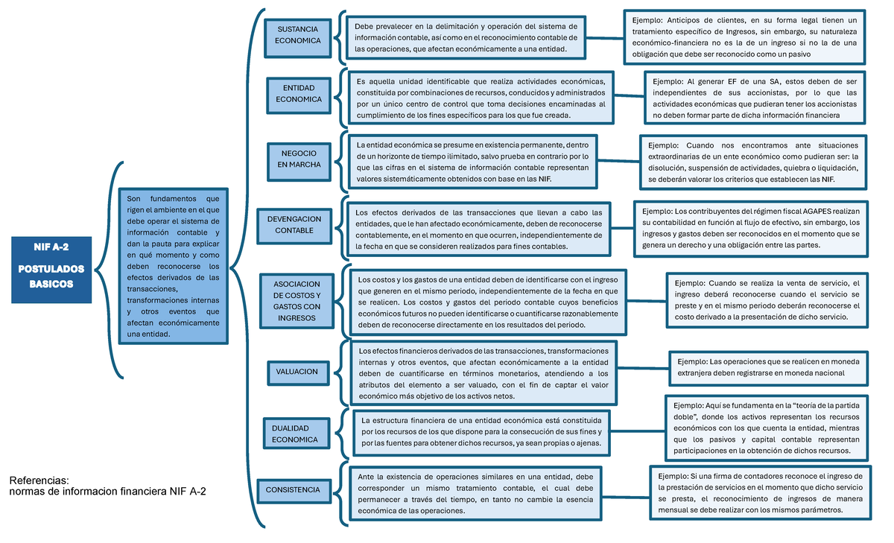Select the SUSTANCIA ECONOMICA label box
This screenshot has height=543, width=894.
click(x=298, y=35)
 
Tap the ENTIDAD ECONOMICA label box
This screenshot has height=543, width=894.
click(x=298, y=93)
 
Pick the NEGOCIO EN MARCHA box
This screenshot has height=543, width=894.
click(x=299, y=158)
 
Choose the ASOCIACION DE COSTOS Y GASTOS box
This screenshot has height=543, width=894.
click(x=297, y=300)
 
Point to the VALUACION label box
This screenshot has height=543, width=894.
click(x=297, y=372)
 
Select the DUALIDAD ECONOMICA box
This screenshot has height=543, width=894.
click(x=295, y=434)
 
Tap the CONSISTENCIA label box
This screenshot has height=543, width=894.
click(x=293, y=490)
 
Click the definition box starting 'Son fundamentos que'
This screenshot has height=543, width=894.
click(x=174, y=266)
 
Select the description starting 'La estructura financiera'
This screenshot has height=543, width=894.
click(x=481, y=431)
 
